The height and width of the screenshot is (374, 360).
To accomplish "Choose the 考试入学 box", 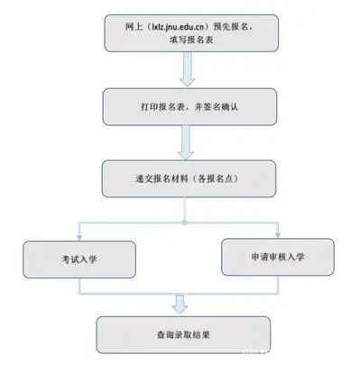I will pos(79,258).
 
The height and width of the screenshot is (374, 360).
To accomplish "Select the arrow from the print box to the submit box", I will pos(187,141).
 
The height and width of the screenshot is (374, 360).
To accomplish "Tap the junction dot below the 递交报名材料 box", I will pos(186,219).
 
